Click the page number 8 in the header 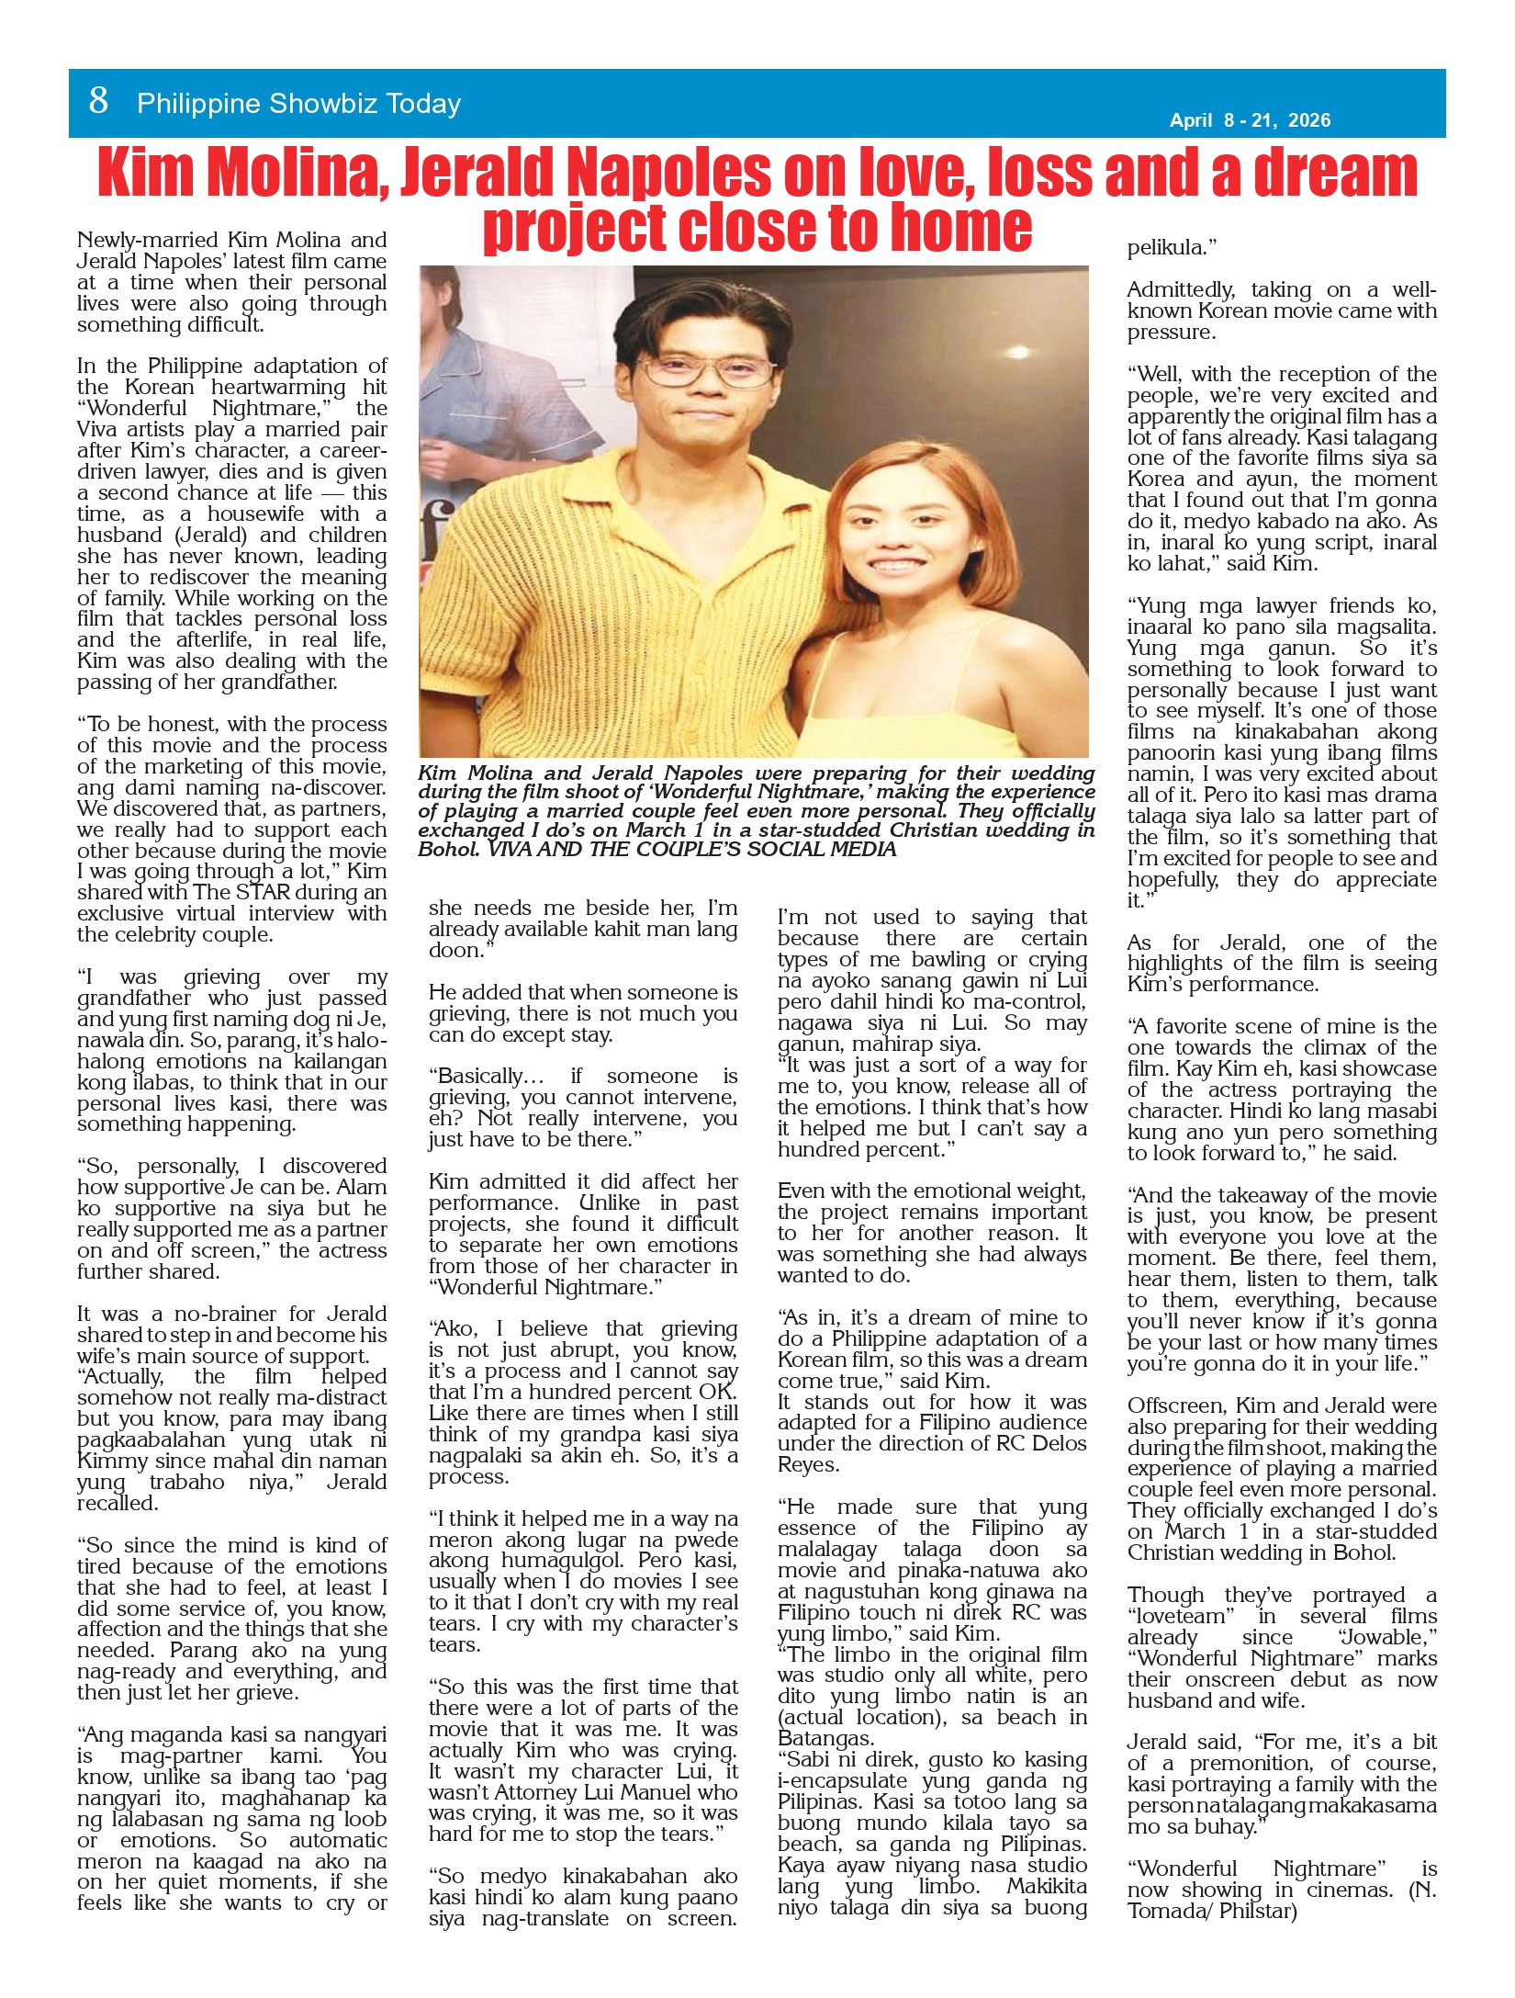click(x=98, y=101)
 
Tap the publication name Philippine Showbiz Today click(x=298, y=104)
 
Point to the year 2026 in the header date click(x=1308, y=120)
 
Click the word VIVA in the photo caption click(x=515, y=850)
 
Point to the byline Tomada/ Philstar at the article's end click(x=1212, y=1912)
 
